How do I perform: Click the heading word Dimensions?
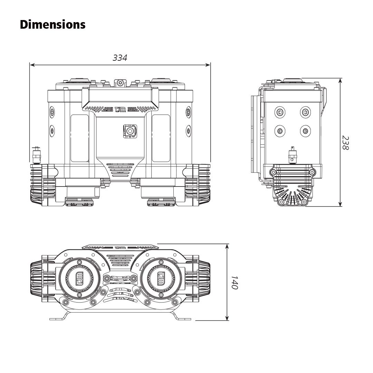click(52, 25)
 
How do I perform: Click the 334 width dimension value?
click(120, 58)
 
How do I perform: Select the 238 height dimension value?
click(345, 142)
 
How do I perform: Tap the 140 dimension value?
click(235, 282)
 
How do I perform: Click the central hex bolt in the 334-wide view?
click(130, 131)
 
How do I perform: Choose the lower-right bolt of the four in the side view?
click(305, 131)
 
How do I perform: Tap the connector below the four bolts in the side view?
click(293, 156)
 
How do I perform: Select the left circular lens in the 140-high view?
click(80, 278)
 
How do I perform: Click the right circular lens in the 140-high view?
click(161, 278)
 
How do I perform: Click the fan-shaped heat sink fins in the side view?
click(293, 195)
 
